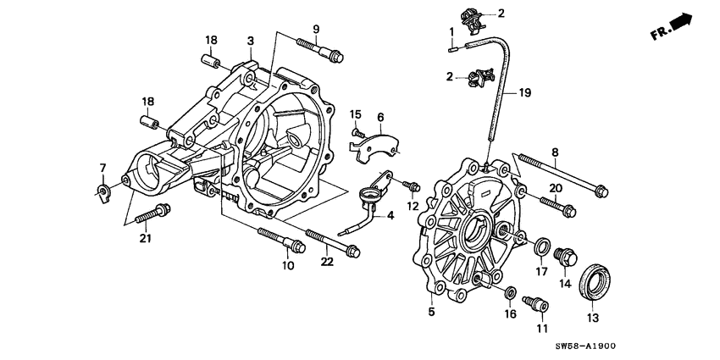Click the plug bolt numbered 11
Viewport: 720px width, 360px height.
[534, 302]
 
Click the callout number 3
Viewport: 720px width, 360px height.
[251, 41]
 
